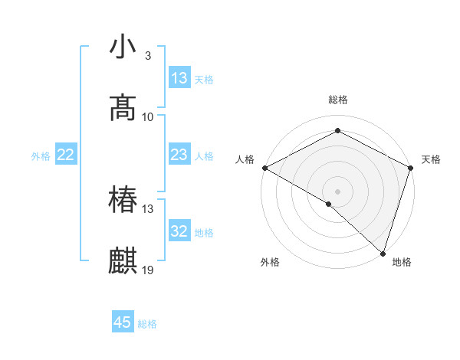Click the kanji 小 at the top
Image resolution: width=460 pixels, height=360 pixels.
click(x=123, y=47)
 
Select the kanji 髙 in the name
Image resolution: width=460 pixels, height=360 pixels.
click(x=123, y=108)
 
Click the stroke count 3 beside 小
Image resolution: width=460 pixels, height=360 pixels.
click(x=148, y=56)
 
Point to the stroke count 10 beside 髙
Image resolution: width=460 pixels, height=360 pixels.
click(x=148, y=117)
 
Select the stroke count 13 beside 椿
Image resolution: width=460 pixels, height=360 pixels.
click(x=148, y=209)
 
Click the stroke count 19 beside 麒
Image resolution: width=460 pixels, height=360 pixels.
click(x=148, y=270)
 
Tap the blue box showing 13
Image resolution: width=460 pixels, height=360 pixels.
click(x=179, y=78)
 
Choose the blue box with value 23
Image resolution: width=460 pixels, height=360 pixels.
click(x=179, y=155)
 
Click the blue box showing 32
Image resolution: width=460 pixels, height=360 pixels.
click(x=179, y=231)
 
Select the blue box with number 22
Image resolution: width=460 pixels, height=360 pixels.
click(x=66, y=155)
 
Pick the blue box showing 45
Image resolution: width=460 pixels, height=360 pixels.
click(x=123, y=322)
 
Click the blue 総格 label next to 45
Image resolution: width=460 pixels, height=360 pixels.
click(x=147, y=324)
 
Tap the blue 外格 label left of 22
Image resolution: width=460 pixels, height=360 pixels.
click(x=41, y=156)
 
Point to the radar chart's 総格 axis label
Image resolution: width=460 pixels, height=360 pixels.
click(x=337, y=100)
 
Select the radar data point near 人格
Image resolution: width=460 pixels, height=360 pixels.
click(x=264, y=168)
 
